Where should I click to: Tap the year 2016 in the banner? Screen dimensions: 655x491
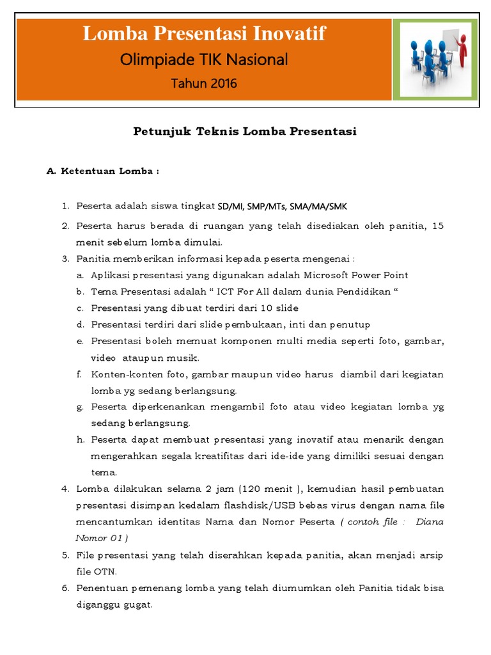pos(221,83)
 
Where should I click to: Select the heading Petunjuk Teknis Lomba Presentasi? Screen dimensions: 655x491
pos(245,132)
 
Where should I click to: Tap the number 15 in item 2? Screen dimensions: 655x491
pos(438,226)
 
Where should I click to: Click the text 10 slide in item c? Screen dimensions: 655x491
pos(281,308)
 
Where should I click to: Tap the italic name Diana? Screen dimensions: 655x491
pos(430,522)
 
